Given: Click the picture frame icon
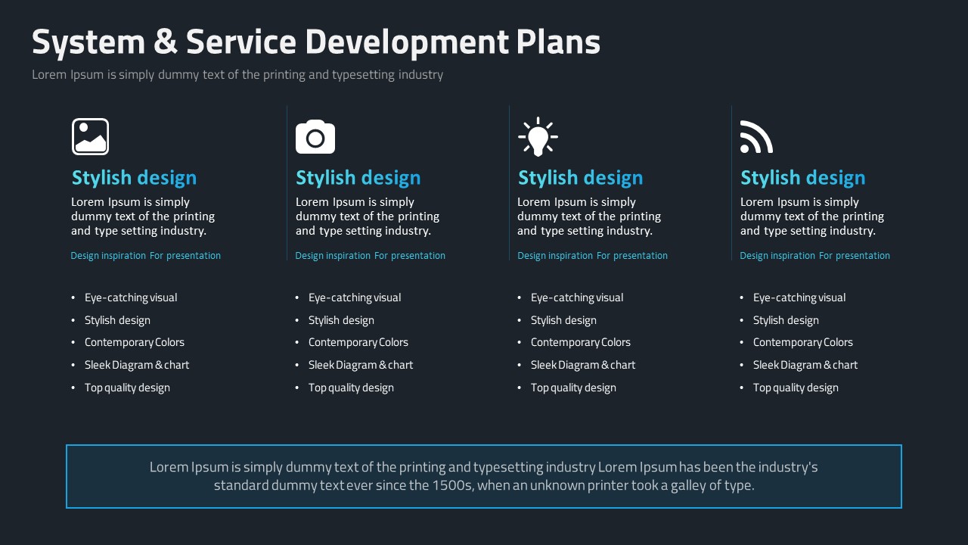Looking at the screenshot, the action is (90, 137).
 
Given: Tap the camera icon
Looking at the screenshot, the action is (315, 137).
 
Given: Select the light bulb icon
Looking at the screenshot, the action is (538, 137).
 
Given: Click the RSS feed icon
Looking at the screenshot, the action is (756, 137).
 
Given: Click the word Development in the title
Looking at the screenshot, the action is (407, 42).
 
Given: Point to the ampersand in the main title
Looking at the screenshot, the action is (165, 42).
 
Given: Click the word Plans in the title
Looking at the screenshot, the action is (558, 42).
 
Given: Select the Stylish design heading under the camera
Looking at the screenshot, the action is (358, 178).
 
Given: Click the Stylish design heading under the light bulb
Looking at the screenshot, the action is (580, 178).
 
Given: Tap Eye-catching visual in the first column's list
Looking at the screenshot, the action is (131, 297).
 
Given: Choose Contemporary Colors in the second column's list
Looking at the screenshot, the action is (358, 342).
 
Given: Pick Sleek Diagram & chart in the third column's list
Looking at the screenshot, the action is (583, 365).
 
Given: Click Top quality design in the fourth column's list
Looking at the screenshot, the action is (796, 388).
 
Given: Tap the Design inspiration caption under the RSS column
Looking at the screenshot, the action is (777, 256).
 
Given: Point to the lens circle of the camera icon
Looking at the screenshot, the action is (315, 139).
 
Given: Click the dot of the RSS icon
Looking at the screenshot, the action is (745, 149).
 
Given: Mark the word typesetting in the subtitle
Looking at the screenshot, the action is (364, 75).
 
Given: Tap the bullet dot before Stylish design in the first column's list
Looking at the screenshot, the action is (73, 320).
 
